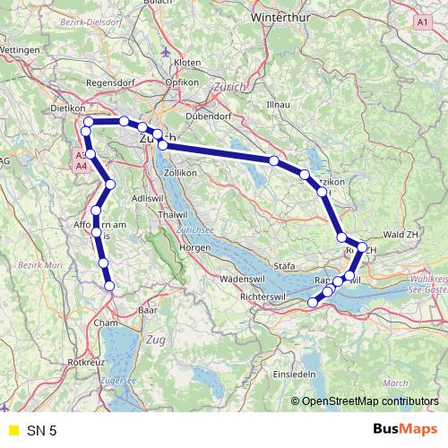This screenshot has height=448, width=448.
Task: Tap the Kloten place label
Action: pyautogui.click(x=187, y=63)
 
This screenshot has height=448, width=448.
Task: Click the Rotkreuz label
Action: pyautogui.click(x=85, y=362)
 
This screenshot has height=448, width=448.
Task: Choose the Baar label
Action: pyautogui.click(x=148, y=310)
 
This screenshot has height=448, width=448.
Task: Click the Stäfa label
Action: pyautogui.click(x=285, y=266)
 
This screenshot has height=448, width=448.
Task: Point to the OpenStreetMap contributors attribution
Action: pyautogui.click(x=372, y=401)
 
